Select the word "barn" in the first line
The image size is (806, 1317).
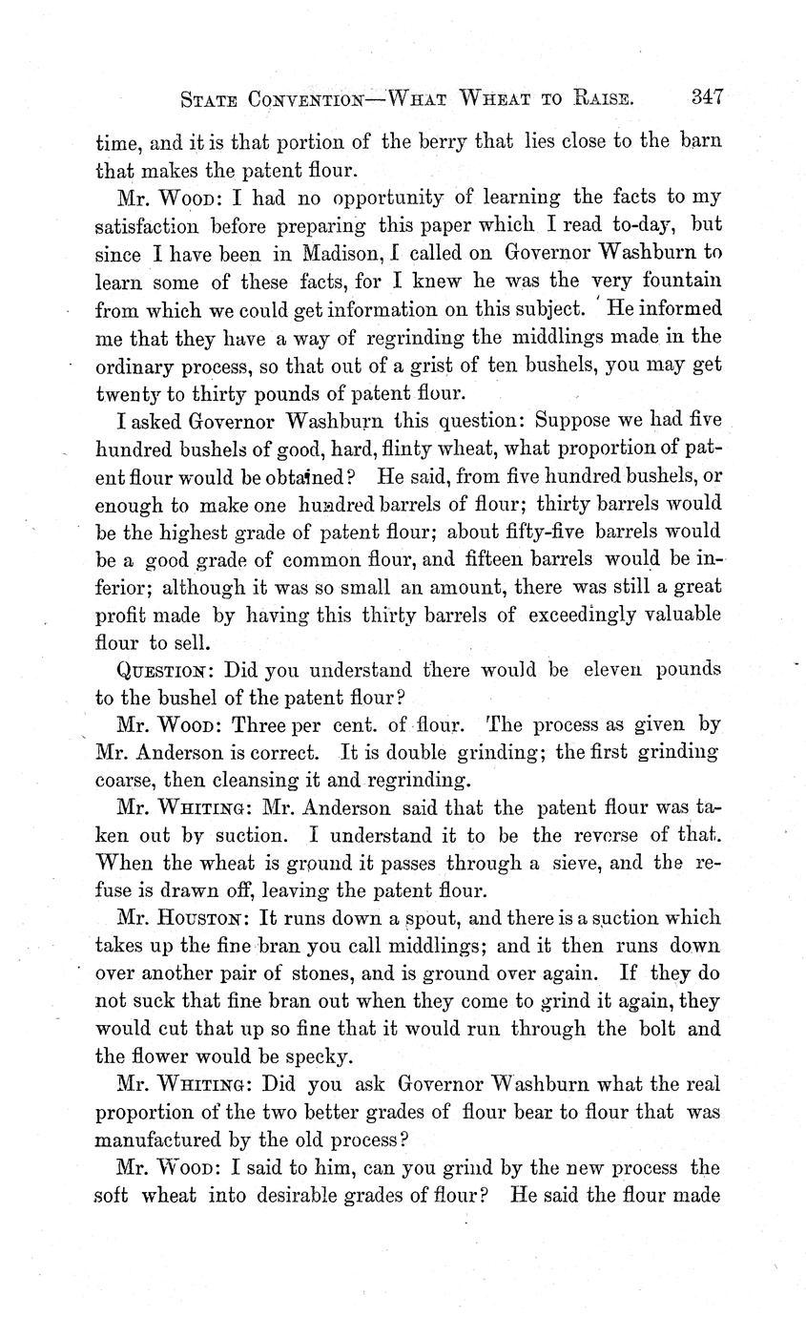[701, 143]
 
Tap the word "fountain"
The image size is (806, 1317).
[680, 282]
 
